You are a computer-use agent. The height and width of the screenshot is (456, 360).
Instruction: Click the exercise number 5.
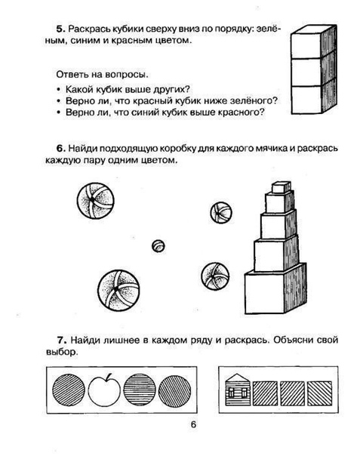60,29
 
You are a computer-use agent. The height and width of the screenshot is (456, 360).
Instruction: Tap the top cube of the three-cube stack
314,43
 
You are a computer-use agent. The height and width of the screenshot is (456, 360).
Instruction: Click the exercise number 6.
60,148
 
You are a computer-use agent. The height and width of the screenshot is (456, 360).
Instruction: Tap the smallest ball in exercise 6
158,246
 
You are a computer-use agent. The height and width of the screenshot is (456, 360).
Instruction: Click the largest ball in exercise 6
118,291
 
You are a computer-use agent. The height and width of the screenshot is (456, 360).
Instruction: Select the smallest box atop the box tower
281,187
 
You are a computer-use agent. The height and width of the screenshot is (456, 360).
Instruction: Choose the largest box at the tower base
275,289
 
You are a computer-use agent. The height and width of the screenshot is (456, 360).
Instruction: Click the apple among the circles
104,390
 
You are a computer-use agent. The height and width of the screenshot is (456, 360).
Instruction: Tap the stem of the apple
109,377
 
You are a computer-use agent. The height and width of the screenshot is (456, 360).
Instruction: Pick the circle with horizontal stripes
140,390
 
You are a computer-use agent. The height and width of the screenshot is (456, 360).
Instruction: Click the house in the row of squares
238,390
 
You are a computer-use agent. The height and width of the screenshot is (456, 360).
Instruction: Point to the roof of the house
238,377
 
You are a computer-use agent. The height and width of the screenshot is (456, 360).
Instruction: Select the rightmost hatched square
319,393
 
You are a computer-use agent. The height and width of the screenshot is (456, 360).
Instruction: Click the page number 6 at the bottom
193,424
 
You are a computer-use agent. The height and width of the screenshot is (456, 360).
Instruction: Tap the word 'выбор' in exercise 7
62,352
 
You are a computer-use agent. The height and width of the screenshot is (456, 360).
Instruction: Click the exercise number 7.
62,340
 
